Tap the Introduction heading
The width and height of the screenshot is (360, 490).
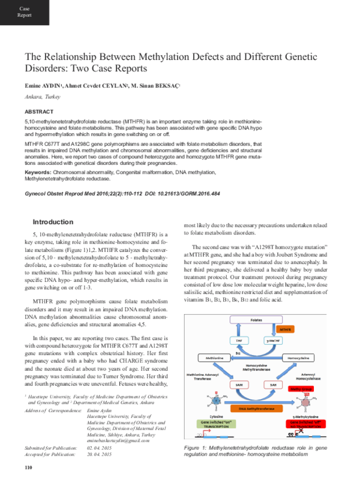pos(53,221)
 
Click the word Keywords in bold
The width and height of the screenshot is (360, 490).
pos(37,172)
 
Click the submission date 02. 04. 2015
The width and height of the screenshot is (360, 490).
pos(100,448)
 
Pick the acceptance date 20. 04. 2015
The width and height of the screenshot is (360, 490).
pos(100,455)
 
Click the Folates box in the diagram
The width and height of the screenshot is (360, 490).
pos(257,320)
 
